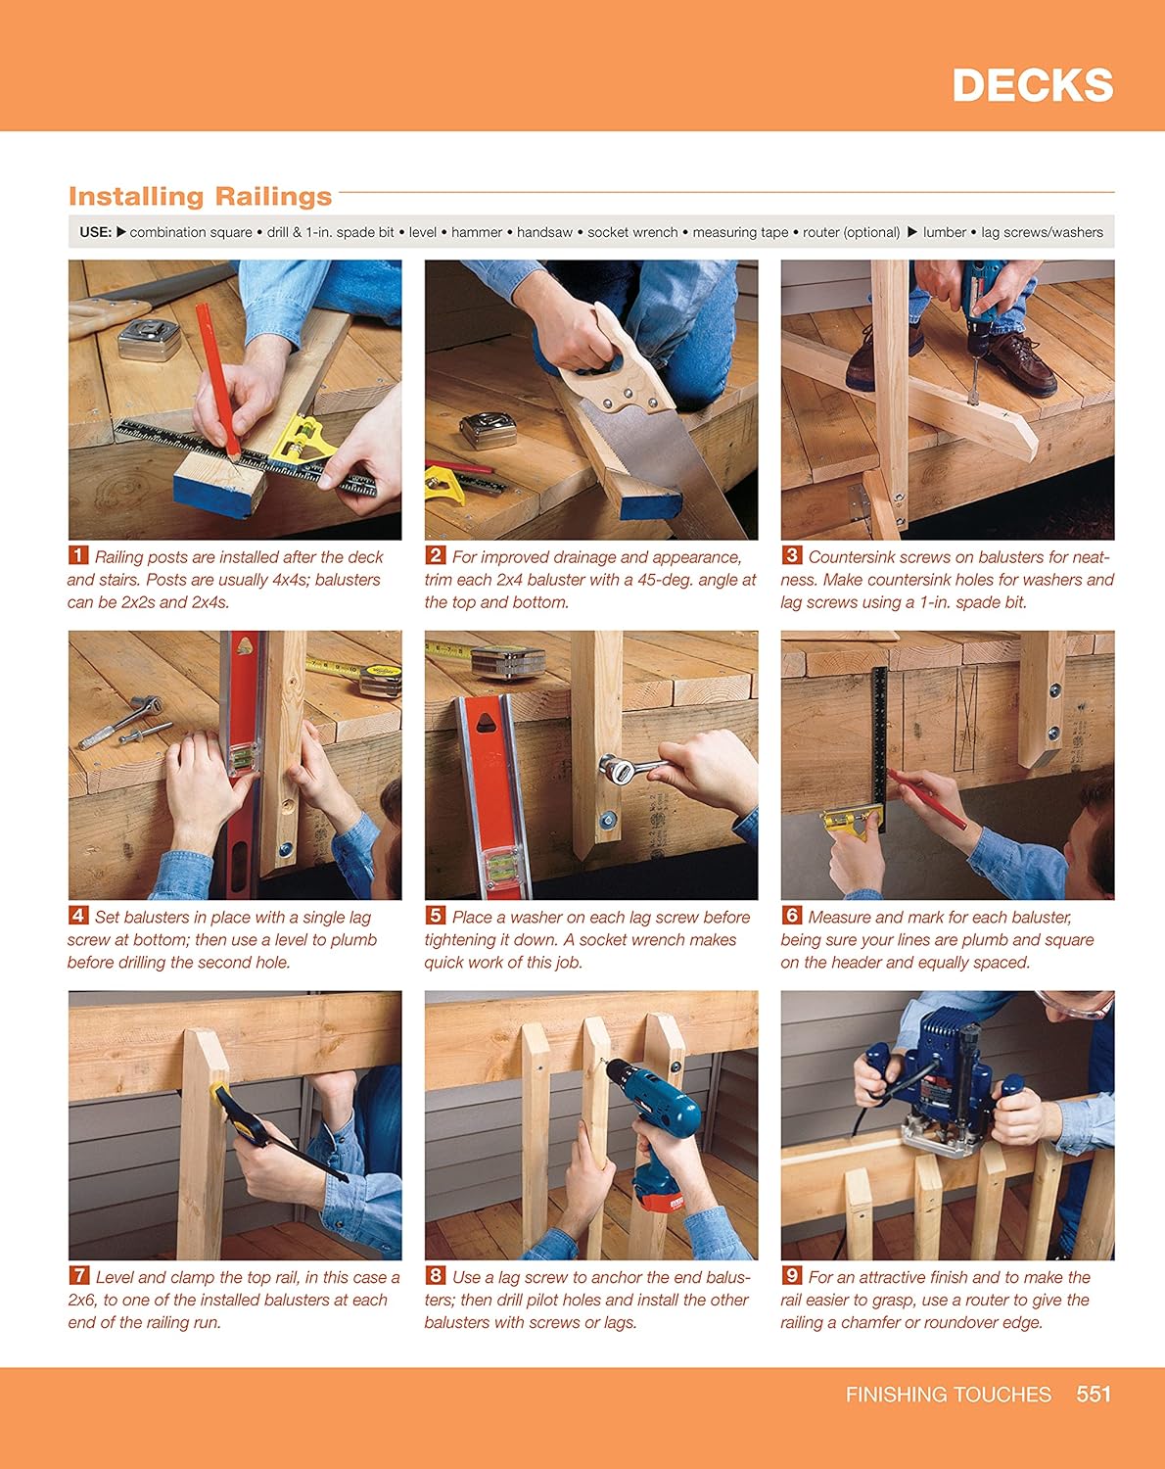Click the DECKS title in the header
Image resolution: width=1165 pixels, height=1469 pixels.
tap(1032, 86)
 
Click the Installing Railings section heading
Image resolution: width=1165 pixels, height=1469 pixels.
tap(200, 197)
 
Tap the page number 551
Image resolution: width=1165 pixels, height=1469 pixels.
tap(1094, 1394)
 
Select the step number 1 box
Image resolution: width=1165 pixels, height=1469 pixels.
tap(77, 556)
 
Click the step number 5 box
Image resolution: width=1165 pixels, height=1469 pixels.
tap(435, 916)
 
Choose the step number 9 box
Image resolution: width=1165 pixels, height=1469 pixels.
tap(791, 1276)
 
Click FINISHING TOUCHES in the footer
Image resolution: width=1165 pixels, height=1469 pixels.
tap(948, 1394)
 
